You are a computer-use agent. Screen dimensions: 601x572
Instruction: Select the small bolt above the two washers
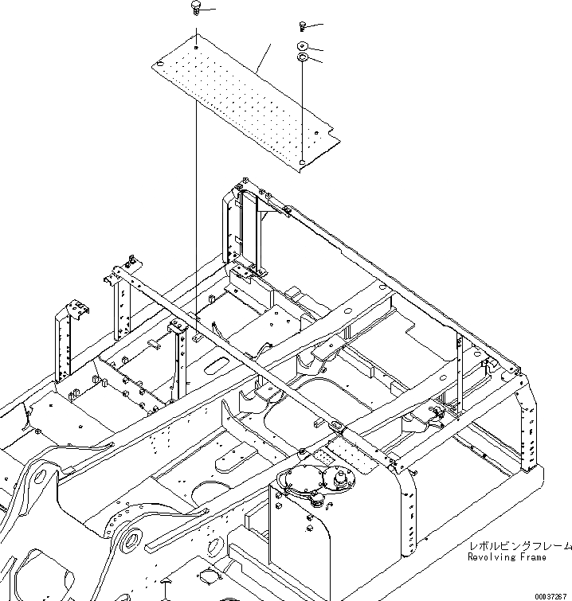click(304, 27)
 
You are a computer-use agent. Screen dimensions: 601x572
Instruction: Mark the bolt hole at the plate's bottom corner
click(302, 162)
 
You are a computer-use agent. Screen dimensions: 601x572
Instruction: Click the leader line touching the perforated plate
click(264, 60)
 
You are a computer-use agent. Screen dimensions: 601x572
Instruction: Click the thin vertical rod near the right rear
click(459, 374)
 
